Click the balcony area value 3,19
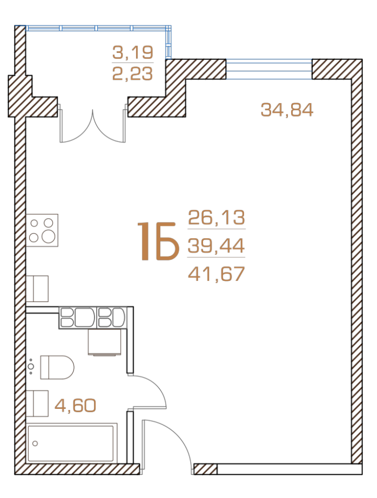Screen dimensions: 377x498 tap(133, 52)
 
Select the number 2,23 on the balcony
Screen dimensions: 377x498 tap(133, 74)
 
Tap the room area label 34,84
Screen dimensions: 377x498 tap(287, 110)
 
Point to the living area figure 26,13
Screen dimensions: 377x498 tap(216, 218)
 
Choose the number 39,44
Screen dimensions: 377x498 tap(216, 246)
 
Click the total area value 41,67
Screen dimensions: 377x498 tap(216, 274)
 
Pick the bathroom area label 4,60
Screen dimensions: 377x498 tap(75, 405)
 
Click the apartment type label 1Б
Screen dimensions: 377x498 tap(157, 241)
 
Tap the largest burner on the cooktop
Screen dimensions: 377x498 tap(49, 237)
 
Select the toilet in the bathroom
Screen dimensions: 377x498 tap(57, 367)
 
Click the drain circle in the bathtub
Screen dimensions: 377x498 tap(35, 443)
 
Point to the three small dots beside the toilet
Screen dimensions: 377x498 tap(31, 367)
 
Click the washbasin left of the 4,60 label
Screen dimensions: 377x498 tap(37, 403)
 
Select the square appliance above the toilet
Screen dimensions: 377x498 tap(104, 342)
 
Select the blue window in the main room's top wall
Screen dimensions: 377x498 tap(269, 69)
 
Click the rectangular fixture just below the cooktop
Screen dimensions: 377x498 tap(37, 288)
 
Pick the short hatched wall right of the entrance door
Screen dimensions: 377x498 tap(205, 469)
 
